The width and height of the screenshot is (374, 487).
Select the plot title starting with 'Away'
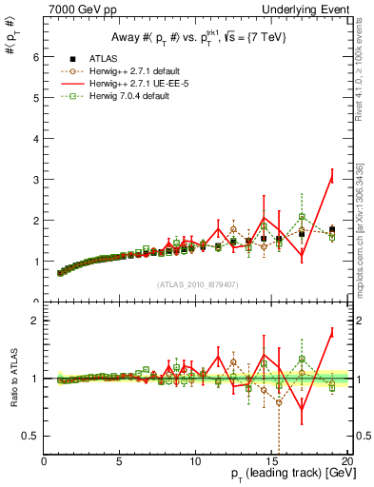point(196,38)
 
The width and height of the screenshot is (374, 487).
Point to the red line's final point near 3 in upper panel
point(331,179)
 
